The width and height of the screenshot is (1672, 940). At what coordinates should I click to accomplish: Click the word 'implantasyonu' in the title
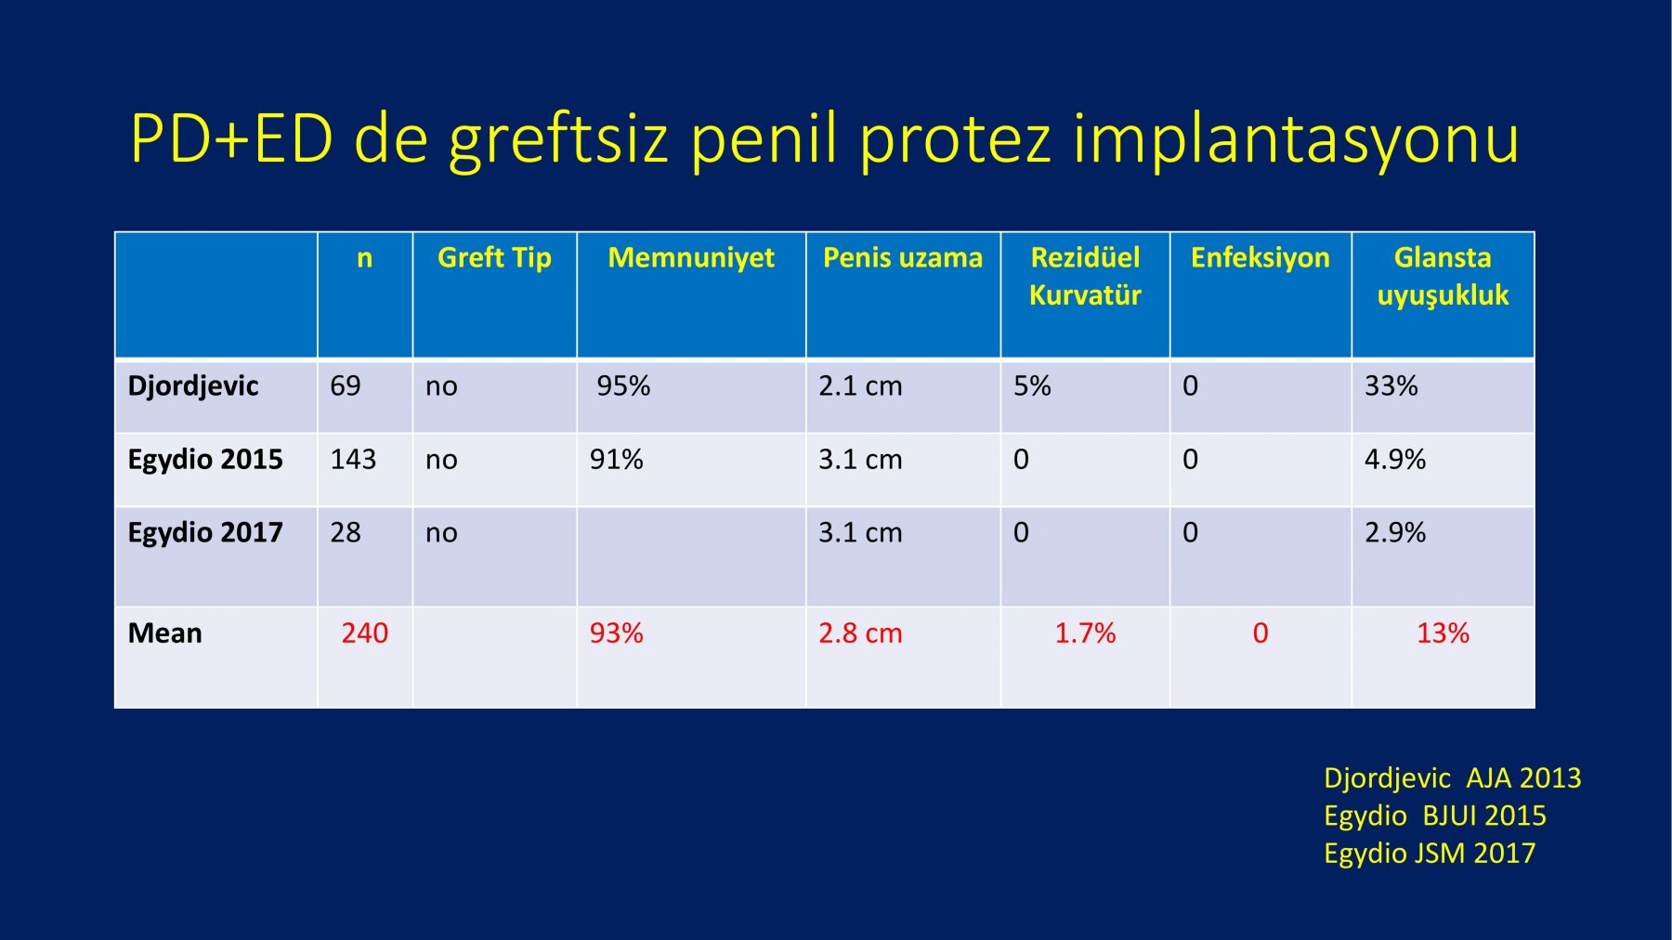[1296, 139]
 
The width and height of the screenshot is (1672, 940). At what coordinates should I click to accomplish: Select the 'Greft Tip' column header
[494, 257]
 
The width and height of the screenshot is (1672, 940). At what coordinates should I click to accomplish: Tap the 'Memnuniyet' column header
[691, 257]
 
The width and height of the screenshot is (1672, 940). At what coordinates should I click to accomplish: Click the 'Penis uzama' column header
[903, 257]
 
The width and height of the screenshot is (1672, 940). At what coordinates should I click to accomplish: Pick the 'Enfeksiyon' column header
[1261, 257]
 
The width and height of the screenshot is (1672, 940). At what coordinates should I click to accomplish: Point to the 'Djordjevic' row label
[193, 385]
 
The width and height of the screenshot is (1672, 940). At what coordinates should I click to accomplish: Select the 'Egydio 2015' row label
[205, 459]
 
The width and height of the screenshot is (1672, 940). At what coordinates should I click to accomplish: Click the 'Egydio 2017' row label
[205, 532]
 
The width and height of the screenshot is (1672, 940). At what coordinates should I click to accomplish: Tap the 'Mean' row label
[164, 633]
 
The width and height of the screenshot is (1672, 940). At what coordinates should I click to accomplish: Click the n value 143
[353, 459]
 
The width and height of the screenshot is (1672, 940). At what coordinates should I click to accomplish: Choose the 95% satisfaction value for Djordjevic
[623, 385]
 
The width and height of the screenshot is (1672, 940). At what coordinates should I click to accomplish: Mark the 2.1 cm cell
[860, 385]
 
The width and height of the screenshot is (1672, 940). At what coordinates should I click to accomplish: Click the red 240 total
[364, 633]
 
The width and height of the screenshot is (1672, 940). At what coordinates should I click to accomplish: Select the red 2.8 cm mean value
[860, 633]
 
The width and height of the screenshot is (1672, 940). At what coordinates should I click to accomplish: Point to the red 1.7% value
[1085, 633]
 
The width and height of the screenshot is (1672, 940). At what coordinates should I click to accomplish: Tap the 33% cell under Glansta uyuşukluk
[1391, 385]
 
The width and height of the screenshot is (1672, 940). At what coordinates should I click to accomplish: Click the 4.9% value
[1394, 459]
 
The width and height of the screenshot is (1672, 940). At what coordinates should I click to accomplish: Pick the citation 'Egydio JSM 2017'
[1430, 853]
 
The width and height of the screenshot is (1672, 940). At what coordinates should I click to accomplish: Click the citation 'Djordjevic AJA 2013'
[1452, 777]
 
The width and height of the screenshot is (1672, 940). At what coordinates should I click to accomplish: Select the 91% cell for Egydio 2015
[616, 459]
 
